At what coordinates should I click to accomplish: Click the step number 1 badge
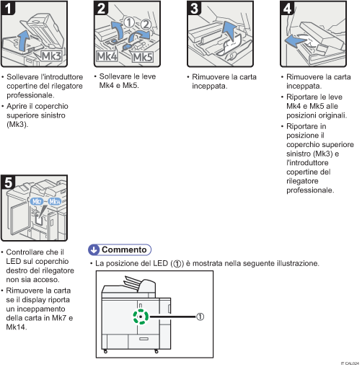click(9, 9)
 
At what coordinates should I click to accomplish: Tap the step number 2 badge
click(102, 9)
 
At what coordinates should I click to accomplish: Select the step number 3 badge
click(194, 9)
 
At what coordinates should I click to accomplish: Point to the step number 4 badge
click(286, 9)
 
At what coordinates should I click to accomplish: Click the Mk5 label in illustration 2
click(143, 56)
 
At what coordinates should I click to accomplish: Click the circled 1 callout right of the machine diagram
click(200, 316)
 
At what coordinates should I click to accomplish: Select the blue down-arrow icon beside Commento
click(94, 249)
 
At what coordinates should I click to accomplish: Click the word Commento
click(124, 249)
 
